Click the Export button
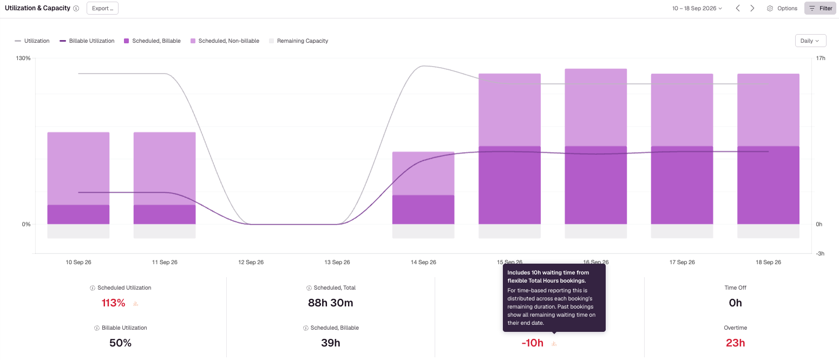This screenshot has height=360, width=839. [x=102, y=8]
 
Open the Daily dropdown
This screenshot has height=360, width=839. [x=810, y=41]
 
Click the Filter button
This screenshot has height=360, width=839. [x=820, y=8]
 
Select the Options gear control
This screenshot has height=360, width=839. [x=782, y=8]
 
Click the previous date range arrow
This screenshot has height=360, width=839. [x=737, y=8]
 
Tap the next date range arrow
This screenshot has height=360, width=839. [x=752, y=8]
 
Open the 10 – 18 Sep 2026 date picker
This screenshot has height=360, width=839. [x=697, y=8]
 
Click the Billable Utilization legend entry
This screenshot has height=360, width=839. [x=87, y=41]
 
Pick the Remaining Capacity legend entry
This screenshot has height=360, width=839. [x=298, y=41]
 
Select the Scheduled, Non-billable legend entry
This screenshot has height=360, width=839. [x=225, y=41]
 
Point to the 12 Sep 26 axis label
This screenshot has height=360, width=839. [x=251, y=262]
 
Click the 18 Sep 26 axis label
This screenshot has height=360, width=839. [x=768, y=262]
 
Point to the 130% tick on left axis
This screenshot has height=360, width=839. [x=23, y=58]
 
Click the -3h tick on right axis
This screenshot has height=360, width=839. [x=820, y=253]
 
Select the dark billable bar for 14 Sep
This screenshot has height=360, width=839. [x=423, y=210]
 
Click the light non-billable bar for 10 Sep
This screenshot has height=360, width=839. [x=78, y=168]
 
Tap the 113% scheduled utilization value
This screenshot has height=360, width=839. [x=114, y=303]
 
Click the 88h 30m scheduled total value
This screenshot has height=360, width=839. [x=330, y=303]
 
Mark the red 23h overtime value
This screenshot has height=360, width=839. [x=735, y=343]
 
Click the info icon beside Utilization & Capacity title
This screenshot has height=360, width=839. [x=76, y=8]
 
